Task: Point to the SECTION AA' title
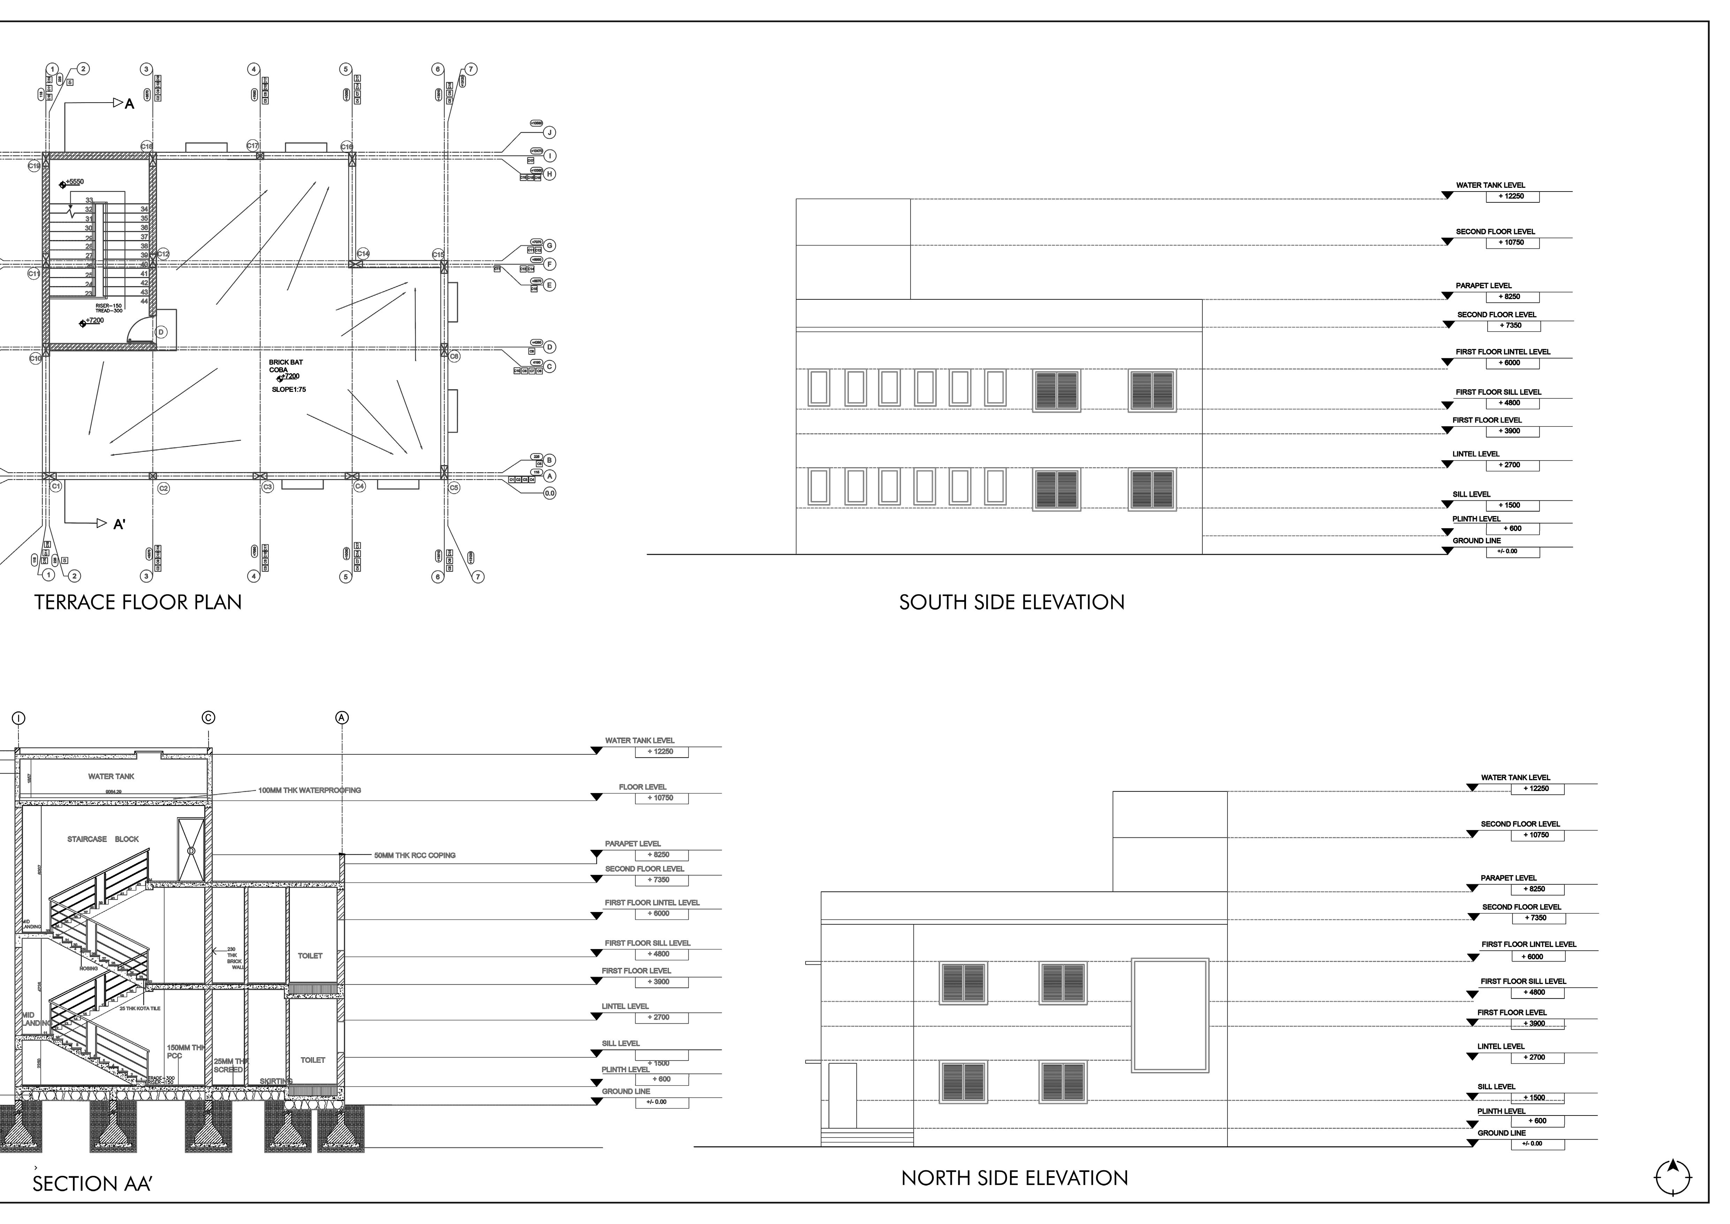[x=92, y=1184]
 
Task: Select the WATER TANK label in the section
[x=112, y=776]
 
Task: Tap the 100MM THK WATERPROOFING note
[x=310, y=791]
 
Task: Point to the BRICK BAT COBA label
[x=286, y=366]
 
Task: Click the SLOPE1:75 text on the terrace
[x=289, y=390]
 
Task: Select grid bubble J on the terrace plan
[x=550, y=133]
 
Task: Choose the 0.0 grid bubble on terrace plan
[x=550, y=494]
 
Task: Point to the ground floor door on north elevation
[x=843, y=1095]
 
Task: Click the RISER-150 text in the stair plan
[x=108, y=306]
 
